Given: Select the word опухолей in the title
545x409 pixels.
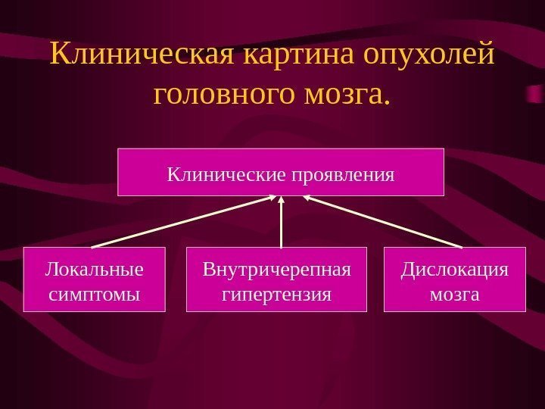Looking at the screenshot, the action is coord(429,55).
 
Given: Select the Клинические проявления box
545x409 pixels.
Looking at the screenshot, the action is coord(280,172).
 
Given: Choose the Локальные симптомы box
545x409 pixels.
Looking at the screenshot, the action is coord(95,279).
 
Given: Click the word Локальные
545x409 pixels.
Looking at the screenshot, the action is coord(95,270).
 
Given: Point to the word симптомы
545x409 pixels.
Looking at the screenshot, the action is coord(95,293).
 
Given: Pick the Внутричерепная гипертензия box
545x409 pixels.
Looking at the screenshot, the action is coord(276,279).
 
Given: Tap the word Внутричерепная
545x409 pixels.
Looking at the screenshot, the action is coord(276,270).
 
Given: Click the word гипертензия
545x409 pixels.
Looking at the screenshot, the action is coord(276,293).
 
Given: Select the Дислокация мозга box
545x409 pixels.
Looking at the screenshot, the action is coord(454,279).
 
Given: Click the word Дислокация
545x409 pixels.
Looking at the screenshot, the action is coord(454,270).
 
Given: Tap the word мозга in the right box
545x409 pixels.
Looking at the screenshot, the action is coord(454,293).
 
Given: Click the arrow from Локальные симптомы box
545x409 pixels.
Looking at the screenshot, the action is coord(182,222).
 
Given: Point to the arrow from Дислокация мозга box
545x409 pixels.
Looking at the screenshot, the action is coord(382,222).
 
